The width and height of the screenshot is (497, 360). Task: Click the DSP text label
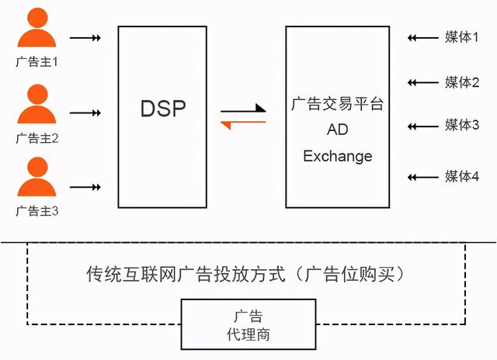click(163, 108)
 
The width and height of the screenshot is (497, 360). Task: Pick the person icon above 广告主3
click(37, 178)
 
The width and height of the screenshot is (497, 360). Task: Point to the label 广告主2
click(37, 139)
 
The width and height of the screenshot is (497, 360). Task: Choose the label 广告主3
click(37, 210)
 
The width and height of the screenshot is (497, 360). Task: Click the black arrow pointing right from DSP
click(244, 110)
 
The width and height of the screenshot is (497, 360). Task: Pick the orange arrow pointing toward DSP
click(244, 123)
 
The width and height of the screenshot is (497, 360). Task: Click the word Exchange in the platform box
click(338, 156)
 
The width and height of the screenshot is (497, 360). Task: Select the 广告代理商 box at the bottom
click(248, 327)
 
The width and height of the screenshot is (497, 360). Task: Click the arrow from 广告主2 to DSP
click(85, 113)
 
